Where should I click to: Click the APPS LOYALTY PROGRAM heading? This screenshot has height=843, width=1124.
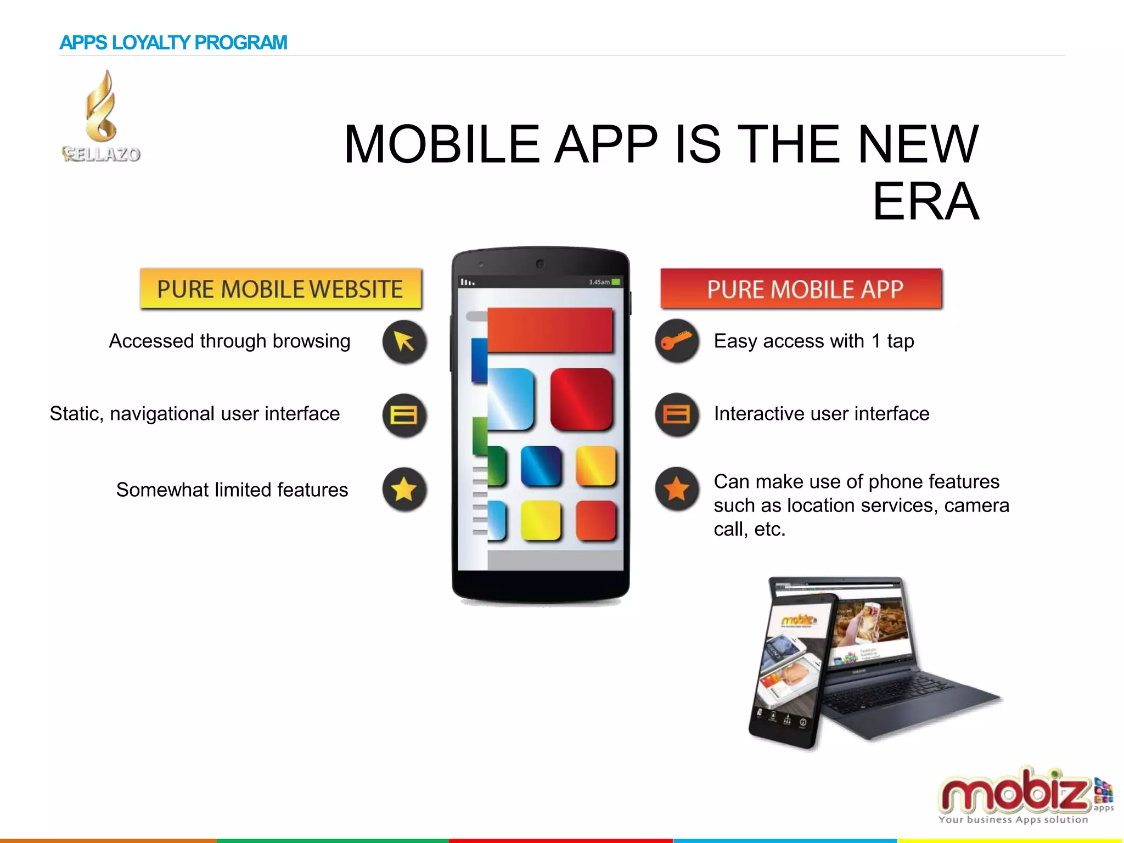pos(173,43)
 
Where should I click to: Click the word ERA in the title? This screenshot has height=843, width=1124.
pos(925,202)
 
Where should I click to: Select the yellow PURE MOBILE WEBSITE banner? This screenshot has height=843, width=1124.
pos(280,289)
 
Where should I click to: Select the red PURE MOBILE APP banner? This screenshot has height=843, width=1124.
pos(801,289)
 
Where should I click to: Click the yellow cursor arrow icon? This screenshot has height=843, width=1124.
pos(404,341)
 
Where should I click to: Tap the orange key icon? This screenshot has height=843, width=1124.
pos(677,340)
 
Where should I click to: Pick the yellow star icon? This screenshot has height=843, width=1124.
pos(404,489)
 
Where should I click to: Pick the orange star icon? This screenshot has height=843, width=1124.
pos(677,488)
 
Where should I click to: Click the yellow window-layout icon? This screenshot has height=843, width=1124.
pos(404,415)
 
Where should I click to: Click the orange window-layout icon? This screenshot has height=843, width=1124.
pos(677,414)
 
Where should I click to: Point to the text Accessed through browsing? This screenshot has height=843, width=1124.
pos(229,341)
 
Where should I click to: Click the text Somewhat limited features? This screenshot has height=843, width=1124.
pos(232,490)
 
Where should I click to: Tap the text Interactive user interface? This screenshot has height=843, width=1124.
pos(822,414)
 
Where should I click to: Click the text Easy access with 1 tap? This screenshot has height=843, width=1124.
pos(814,341)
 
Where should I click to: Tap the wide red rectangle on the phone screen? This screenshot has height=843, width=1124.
pos(550,329)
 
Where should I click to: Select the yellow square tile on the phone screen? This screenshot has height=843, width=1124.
pos(541,520)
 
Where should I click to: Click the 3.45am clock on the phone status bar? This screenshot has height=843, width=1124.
pos(599,282)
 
